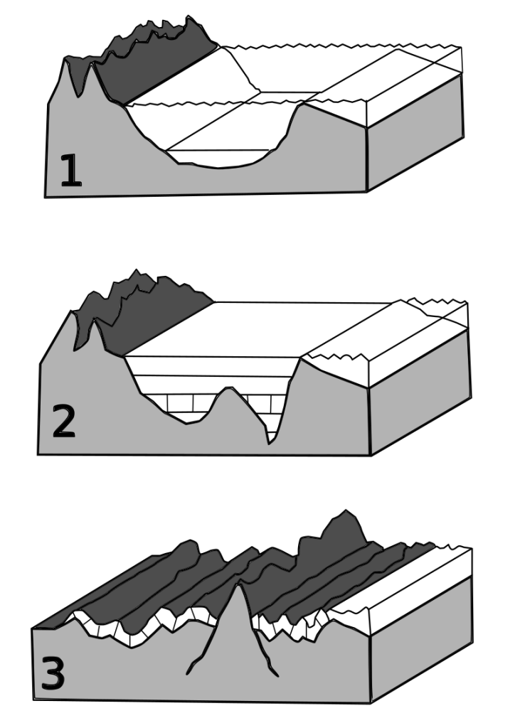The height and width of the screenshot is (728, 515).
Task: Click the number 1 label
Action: pyautogui.click(x=70, y=171)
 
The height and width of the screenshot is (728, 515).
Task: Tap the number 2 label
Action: pyautogui.click(x=63, y=421)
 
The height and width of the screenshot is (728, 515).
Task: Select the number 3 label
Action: pyautogui.click(x=53, y=673)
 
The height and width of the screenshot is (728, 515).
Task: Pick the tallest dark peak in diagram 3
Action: pyautogui.click(x=344, y=529)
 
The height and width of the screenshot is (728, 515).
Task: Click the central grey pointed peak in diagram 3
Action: pyautogui.click(x=238, y=618)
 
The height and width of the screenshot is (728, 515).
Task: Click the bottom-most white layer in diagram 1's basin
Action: pyautogui.click(x=218, y=159)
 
